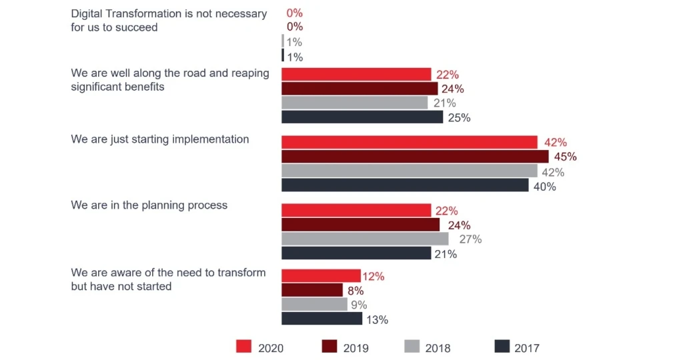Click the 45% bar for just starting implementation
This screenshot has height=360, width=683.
[414, 157]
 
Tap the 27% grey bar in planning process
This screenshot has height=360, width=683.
[365, 239]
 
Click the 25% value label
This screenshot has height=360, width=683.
[460, 118]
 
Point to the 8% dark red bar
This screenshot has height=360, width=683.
[312, 290]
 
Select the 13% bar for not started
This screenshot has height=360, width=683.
[321, 319]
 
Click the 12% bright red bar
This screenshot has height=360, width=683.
[321, 275]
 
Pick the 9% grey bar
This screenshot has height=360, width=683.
[314, 305]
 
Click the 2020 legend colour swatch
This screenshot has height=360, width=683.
[244, 347]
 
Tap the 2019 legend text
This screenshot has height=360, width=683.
[356, 348]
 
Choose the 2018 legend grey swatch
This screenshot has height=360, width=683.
[412, 347]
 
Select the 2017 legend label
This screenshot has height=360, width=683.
[527, 348]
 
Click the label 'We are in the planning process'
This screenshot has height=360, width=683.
[149, 205]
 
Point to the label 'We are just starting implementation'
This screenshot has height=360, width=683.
[159, 139]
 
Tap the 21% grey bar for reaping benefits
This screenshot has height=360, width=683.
[354, 103]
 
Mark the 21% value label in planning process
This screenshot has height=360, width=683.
[446, 254]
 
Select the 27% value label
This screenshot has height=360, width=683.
[470, 239]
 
